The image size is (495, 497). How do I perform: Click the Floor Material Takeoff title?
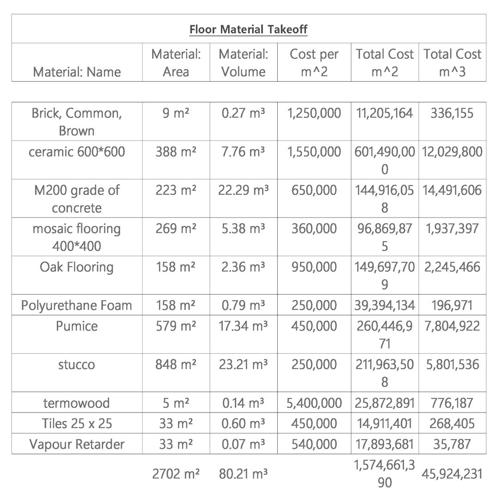tap(248, 30)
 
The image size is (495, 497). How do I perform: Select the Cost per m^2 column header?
tap(314, 62)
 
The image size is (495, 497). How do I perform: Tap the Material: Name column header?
tap(77, 72)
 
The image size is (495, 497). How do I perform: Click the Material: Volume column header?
tap(243, 62)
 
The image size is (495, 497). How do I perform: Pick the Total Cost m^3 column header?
tap(452, 62)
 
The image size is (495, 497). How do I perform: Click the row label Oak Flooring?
tap(77, 267)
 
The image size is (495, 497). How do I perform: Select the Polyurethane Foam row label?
tap(77, 305)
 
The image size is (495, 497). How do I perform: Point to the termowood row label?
tap(77, 403)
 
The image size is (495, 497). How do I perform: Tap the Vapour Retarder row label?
tap(77, 444)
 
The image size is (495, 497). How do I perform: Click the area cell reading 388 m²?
tap(176, 152)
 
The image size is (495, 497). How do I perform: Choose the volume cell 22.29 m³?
tap(243, 190)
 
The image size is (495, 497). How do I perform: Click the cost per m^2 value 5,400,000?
tap(314, 403)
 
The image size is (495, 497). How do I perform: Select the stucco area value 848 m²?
tap(176, 364)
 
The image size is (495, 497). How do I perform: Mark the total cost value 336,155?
tap(452, 113)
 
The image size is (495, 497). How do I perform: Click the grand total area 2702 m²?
tap(176, 474)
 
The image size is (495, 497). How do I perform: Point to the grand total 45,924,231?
tap(452, 474)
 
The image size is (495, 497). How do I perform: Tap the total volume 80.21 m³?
tap(243, 474)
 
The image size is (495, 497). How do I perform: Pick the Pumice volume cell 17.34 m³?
tap(243, 326)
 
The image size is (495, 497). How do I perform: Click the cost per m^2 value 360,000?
tap(314, 229)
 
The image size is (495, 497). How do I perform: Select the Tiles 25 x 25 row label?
tap(77, 424)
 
